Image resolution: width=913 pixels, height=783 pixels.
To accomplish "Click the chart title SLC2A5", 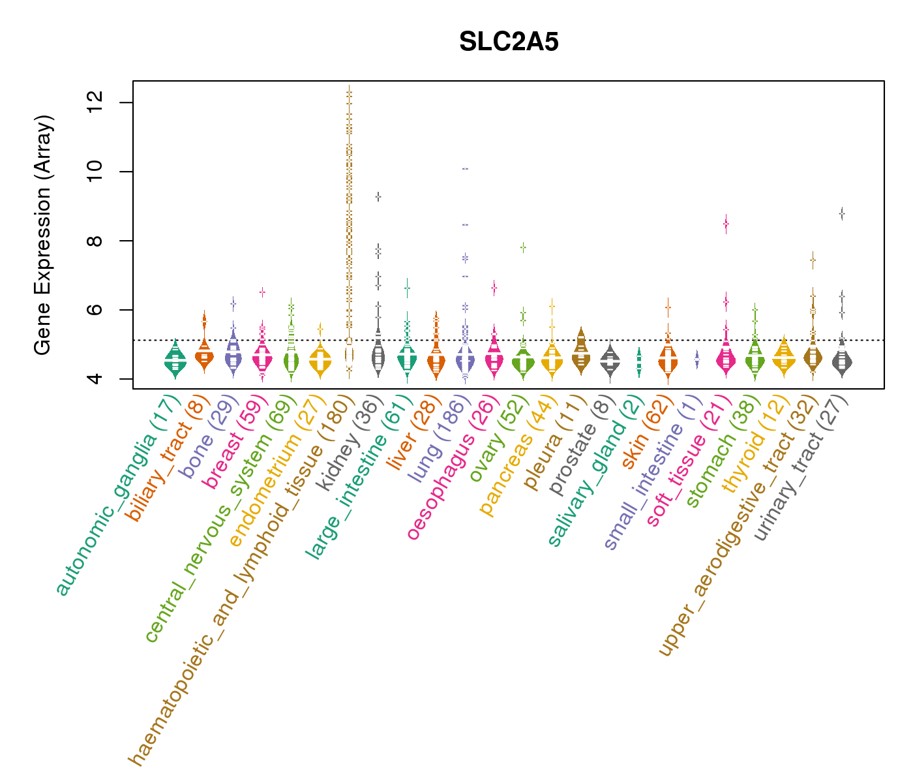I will (509, 42).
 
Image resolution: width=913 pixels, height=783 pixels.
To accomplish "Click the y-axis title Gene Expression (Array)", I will (43, 236).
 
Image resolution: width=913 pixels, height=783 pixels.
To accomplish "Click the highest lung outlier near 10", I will (465, 168).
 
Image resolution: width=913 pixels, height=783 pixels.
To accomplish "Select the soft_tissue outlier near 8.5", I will (725, 224).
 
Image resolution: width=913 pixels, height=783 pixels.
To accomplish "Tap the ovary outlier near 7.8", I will (522, 247).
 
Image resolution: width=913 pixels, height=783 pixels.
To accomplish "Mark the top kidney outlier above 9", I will (378, 196).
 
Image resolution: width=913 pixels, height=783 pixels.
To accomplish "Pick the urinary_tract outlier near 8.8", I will (842, 213).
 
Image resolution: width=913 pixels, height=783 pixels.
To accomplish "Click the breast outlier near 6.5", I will (262, 292).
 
